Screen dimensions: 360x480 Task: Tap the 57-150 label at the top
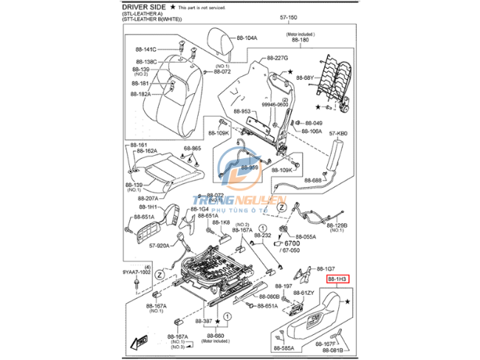tap(289, 17)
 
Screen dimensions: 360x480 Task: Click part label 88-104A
tap(247, 38)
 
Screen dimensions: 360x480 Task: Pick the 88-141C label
tap(145, 49)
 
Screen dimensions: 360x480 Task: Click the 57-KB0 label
tap(337, 134)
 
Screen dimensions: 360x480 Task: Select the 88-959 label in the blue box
tap(247, 168)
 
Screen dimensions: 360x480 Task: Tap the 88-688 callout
tap(312, 180)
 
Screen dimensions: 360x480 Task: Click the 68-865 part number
tap(191, 149)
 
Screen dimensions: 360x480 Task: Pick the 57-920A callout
tap(160, 245)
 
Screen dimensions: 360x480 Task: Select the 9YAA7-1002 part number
tap(136, 273)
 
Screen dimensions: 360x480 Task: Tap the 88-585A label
tap(284, 348)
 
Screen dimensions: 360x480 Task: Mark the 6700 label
tap(293, 242)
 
